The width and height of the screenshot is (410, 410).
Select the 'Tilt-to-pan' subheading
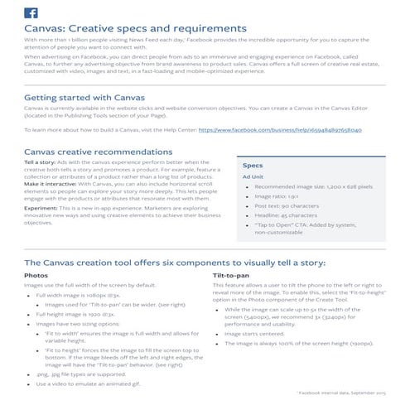pyautogui.click(x=230, y=274)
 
